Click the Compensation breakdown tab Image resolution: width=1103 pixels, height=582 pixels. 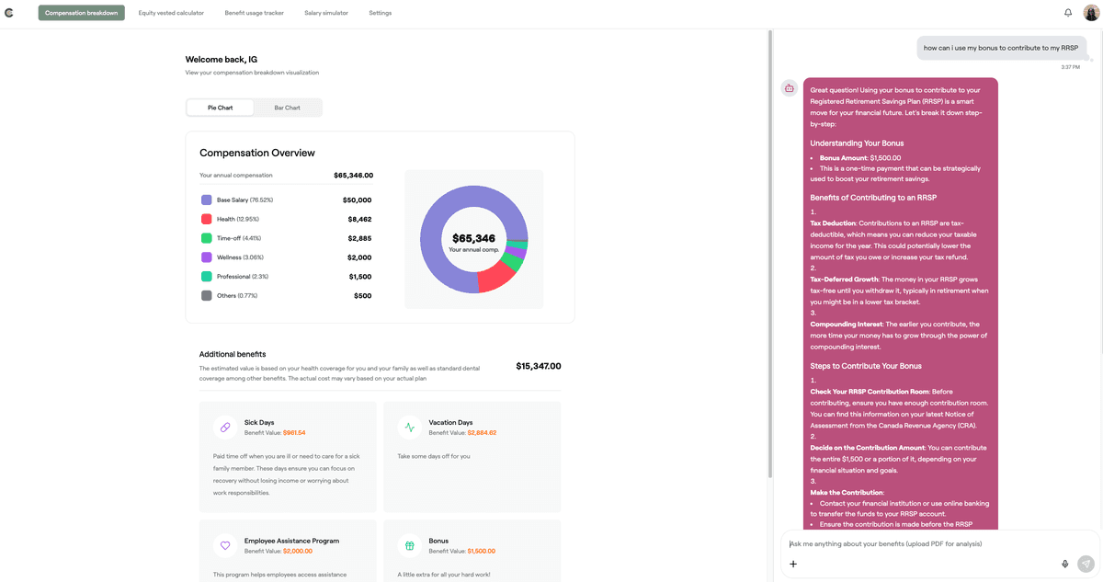(x=81, y=13)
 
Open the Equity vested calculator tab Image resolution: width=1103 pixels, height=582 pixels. (x=171, y=13)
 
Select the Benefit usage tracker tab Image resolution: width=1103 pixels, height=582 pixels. (x=254, y=13)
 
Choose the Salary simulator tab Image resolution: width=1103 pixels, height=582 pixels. (x=326, y=13)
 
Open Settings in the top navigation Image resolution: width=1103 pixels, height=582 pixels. (x=380, y=13)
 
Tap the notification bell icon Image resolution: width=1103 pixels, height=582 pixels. (x=1068, y=13)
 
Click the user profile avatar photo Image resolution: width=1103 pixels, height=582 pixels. (x=1091, y=13)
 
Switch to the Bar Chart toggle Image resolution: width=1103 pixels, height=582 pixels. (x=287, y=108)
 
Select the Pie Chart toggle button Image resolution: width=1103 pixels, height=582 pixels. (x=220, y=108)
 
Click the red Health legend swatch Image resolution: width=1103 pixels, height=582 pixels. (x=206, y=219)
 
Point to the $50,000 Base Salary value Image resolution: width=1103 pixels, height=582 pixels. (x=357, y=200)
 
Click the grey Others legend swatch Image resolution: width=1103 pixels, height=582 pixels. (x=206, y=296)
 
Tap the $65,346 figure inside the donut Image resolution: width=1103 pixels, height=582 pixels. (x=473, y=238)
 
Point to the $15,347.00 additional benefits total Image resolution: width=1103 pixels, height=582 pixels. (x=538, y=366)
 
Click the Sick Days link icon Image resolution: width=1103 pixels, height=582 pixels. (x=225, y=428)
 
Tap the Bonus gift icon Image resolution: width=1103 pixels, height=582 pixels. (x=410, y=546)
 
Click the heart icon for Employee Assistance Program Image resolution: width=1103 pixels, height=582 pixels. (x=225, y=546)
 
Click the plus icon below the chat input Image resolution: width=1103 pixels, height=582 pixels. (x=793, y=564)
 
